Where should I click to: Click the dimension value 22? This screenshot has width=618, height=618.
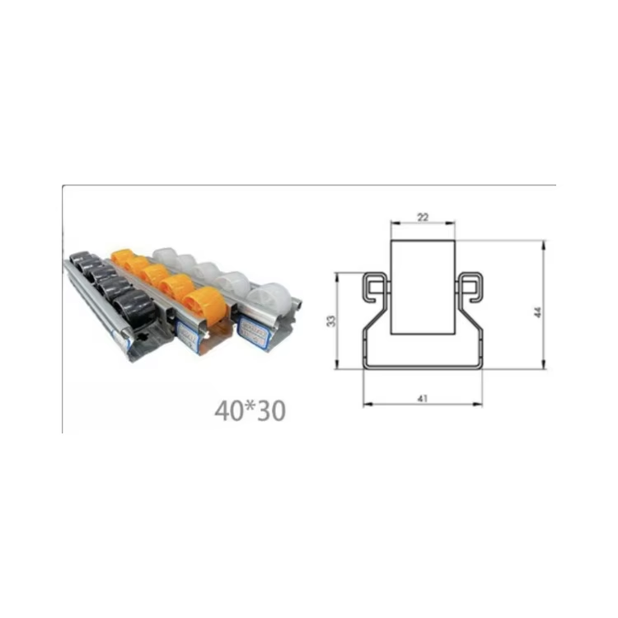click(422, 217)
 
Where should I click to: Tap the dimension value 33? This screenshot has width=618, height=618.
click(331, 321)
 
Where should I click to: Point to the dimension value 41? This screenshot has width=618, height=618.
click(423, 398)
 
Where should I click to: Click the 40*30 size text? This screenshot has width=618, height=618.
click(250, 410)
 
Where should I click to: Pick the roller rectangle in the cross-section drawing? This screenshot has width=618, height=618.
click(422, 287)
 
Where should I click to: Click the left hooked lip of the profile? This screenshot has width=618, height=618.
click(373, 283)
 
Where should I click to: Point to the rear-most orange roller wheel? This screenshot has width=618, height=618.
click(123, 257)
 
